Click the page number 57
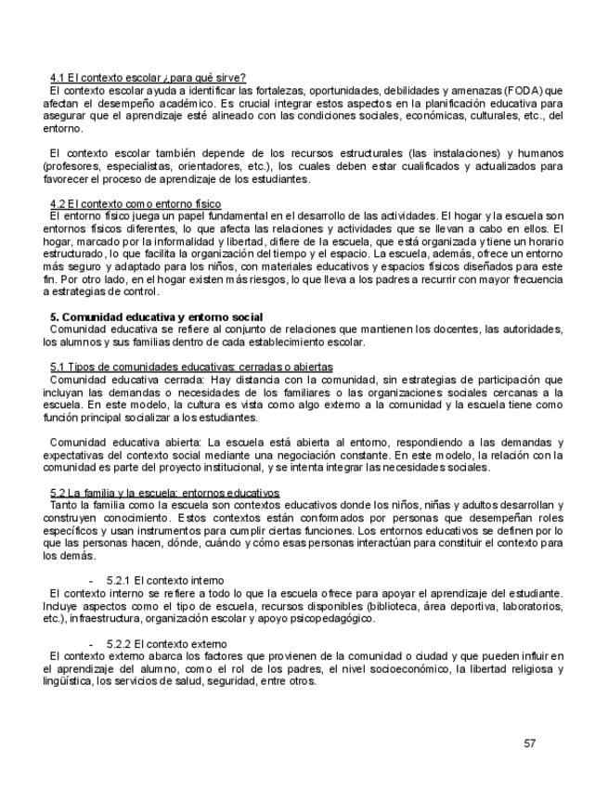point(530,742)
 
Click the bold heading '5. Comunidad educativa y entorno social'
point(156,317)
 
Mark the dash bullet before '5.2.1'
point(91,580)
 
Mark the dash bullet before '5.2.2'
point(91,643)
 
